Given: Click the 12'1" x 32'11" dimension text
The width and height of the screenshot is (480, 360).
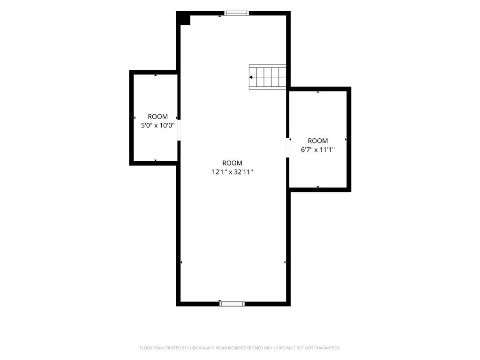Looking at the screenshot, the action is click(x=232, y=172).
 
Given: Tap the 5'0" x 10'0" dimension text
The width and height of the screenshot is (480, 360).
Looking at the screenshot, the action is click(x=157, y=125).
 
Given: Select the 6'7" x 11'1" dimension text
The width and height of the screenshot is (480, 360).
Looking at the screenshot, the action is click(x=318, y=150).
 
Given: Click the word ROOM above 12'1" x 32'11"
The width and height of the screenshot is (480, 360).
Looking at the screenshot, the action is click(x=232, y=163).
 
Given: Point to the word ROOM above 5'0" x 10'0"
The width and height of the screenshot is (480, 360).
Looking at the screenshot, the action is click(x=157, y=117).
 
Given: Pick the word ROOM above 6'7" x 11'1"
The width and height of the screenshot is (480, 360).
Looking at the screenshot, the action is click(x=318, y=141).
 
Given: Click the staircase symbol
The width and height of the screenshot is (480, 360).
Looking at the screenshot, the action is click(x=268, y=77).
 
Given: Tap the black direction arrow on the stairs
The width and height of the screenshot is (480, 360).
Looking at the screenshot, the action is click(x=251, y=77).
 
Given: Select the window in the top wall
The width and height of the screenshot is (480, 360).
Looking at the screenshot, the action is click(x=236, y=13).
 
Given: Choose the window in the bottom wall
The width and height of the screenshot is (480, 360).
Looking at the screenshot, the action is click(x=232, y=304).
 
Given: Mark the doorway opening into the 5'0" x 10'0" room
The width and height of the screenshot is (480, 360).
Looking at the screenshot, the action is click(x=179, y=130).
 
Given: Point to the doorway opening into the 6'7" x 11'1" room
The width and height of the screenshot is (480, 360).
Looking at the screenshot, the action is click(x=288, y=147).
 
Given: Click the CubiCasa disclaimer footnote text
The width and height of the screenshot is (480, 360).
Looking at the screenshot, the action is click(x=240, y=348).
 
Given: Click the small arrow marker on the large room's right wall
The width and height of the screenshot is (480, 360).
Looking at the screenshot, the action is click(x=285, y=262).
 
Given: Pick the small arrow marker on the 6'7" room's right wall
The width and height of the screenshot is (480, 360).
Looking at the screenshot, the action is click(x=346, y=140).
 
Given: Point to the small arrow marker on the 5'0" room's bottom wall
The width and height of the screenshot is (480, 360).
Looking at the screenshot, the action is click(x=156, y=160).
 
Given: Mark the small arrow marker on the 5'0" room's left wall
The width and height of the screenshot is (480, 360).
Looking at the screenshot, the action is click(x=135, y=118).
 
